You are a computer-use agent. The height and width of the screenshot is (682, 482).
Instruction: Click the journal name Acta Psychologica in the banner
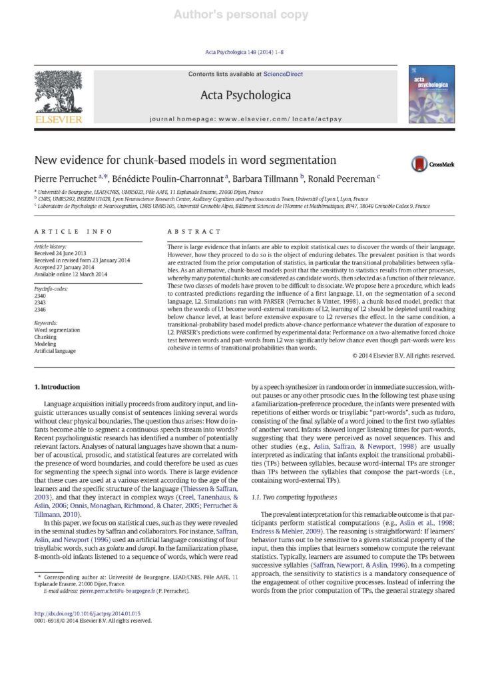[246, 95]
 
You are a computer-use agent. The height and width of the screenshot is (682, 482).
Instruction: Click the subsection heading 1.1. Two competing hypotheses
[294, 478]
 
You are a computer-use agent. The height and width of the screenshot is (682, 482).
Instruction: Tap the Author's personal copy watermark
[241, 14]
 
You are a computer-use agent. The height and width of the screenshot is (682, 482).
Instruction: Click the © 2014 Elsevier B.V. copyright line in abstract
[403, 356]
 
